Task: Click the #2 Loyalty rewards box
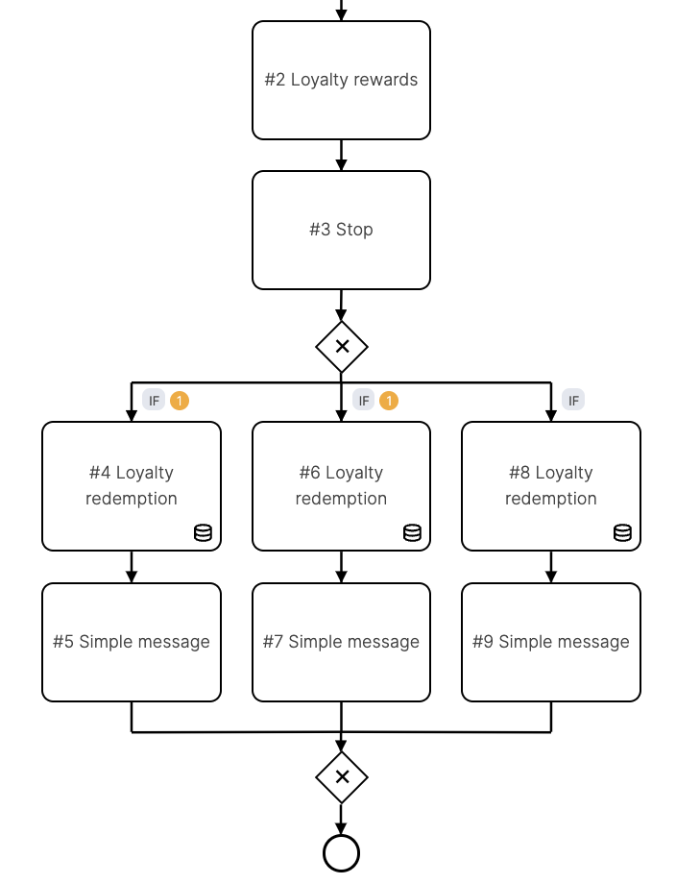(x=341, y=80)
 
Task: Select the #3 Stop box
(x=341, y=230)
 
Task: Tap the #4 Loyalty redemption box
(x=132, y=485)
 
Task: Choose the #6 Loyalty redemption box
(x=341, y=485)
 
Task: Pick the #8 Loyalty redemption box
(x=550, y=485)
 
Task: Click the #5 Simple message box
(x=132, y=642)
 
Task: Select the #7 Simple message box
(x=341, y=642)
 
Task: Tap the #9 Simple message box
(x=550, y=642)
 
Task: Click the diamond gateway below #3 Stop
(x=342, y=346)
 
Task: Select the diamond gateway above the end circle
(x=342, y=777)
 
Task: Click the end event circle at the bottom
(x=342, y=852)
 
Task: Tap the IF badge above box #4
(x=154, y=400)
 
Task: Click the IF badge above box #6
(x=363, y=400)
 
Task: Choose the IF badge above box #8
(x=573, y=400)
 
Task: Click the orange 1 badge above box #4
(x=180, y=400)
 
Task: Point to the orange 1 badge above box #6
(x=389, y=400)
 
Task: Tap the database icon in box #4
(x=203, y=532)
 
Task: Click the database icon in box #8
(x=622, y=532)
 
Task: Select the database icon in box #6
(x=412, y=532)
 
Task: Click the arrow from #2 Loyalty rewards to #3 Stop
(x=341, y=156)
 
